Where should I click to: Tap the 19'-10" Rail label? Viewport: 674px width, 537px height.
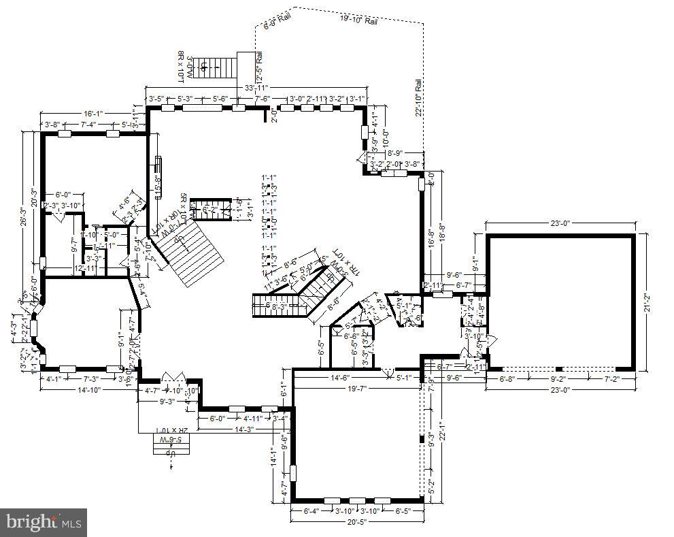[x=358, y=20]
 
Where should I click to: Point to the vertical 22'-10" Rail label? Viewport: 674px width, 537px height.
[x=419, y=99]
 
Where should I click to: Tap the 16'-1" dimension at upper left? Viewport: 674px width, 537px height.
[x=94, y=113]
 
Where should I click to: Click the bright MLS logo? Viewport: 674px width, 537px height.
[x=44, y=523]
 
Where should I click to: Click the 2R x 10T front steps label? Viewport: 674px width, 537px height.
[x=171, y=430]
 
